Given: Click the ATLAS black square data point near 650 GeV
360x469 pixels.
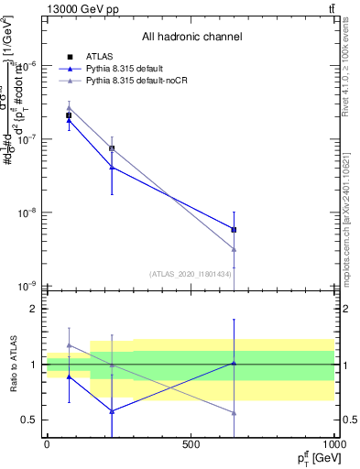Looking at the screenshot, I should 235,230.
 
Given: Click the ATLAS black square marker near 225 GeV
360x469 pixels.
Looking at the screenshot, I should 112,148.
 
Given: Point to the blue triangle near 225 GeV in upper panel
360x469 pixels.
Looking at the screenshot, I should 112,167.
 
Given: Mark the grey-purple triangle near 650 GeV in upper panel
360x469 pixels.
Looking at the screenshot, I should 235,249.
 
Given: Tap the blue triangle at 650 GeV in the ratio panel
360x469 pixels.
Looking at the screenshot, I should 235,363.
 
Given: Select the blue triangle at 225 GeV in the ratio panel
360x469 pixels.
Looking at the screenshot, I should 112,411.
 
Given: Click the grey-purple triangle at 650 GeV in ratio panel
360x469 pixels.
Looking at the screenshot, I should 235,413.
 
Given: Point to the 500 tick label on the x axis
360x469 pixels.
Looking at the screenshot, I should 190,444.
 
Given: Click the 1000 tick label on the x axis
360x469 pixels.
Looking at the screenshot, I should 334,444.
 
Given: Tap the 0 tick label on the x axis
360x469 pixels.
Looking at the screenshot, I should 47,444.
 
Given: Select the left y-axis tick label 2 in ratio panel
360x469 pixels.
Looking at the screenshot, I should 33,310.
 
